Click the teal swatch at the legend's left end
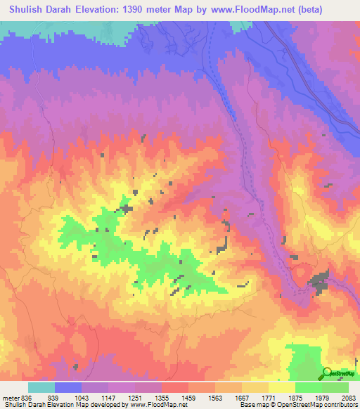[41, 387]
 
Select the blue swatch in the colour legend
[68, 387]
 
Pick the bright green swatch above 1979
[308, 387]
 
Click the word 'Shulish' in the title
[29, 9]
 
